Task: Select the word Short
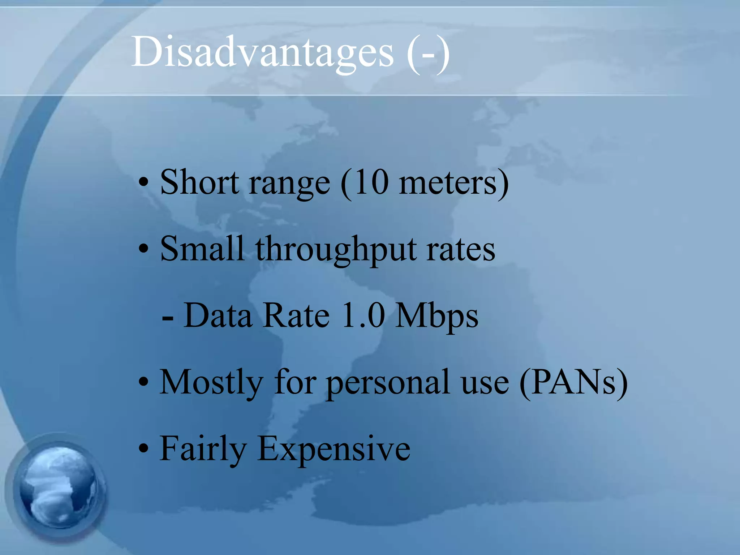[x=199, y=182]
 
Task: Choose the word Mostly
[x=211, y=383]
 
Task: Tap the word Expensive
[x=334, y=450]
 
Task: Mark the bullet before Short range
[x=144, y=183]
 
